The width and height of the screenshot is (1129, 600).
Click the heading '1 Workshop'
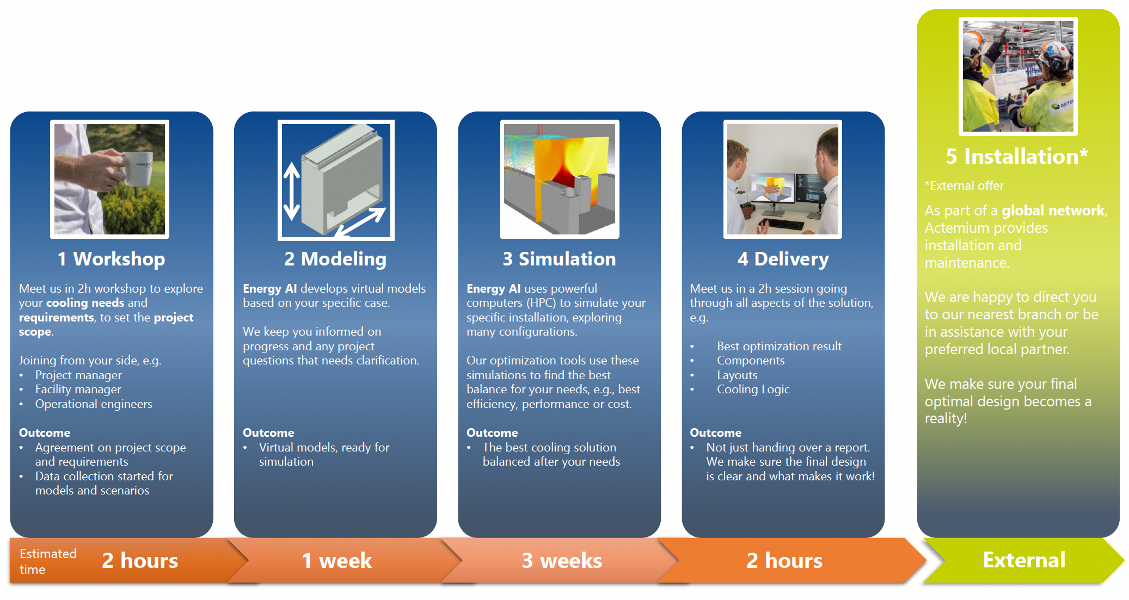pos(111,259)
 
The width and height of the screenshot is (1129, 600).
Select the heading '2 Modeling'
pos(335,259)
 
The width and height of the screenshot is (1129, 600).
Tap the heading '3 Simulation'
pos(559,259)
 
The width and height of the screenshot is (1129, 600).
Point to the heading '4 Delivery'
pos(783,259)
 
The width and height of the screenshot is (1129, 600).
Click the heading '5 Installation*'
pos(1016,157)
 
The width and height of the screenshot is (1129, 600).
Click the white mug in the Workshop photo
pos(139,169)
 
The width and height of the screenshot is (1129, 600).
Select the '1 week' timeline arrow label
pos(337,560)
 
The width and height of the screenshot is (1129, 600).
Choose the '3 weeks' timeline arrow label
pos(562,560)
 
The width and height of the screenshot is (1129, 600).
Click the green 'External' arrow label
pos(1024,560)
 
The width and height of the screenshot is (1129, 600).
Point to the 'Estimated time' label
pos(48,561)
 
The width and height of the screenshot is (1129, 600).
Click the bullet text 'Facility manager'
pos(78,389)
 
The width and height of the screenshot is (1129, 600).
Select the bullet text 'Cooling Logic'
pos(753,389)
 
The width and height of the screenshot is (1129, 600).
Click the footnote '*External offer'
pos(964,186)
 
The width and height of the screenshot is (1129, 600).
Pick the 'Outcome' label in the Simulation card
pos(492,433)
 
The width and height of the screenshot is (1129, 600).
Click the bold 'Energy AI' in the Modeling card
pos(270,289)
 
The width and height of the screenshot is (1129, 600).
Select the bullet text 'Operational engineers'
pos(94,404)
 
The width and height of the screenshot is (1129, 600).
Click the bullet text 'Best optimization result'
pos(779,347)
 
